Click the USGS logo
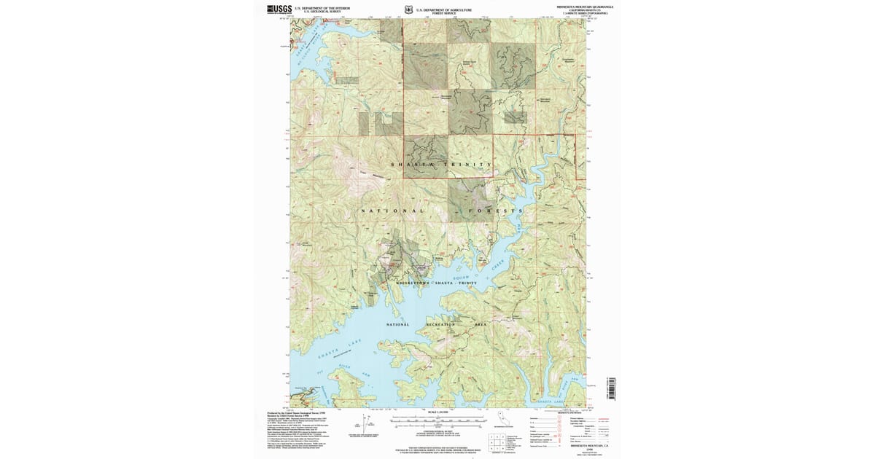[279, 9]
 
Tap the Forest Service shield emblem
[408, 10]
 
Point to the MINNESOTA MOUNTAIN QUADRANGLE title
[580, 6]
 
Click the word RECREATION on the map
[436, 324]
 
